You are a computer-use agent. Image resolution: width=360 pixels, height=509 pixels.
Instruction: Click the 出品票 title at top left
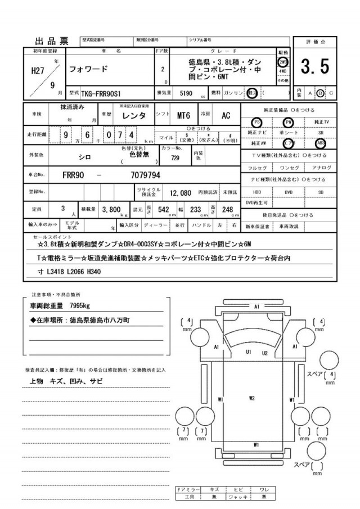coord(52,41)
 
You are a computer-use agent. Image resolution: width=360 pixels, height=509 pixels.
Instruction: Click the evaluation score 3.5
coord(314,67)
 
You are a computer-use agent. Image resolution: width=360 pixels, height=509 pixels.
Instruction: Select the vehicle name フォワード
coord(88,70)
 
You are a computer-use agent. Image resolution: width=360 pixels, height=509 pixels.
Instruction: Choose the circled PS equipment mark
coord(256,122)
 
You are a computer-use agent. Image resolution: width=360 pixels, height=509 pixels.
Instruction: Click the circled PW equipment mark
coord(289,122)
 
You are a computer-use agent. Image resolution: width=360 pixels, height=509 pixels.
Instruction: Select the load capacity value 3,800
coord(112,209)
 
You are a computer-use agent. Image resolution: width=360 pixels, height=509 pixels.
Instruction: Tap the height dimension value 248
coord(227,209)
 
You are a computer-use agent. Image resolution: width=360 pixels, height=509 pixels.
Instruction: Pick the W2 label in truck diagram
coord(252,398)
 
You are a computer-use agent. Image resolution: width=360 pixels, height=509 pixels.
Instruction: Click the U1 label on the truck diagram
coord(248,352)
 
